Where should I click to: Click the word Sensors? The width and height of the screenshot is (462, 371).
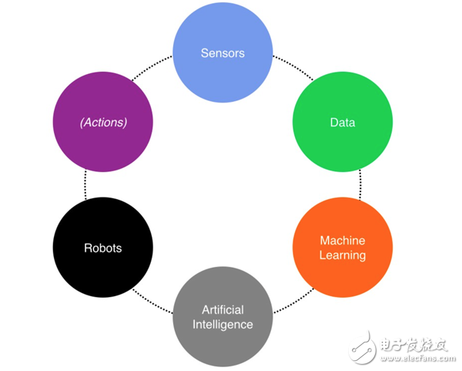(x=223, y=53)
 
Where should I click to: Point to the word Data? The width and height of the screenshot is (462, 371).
(x=342, y=123)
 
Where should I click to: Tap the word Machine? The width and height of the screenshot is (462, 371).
(x=342, y=241)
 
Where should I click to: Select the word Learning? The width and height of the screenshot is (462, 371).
(x=342, y=255)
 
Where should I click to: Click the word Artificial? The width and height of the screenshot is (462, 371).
(x=223, y=309)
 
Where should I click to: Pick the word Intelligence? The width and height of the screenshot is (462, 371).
(x=223, y=324)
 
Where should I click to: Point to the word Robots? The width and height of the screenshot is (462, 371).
(x=102, y=248)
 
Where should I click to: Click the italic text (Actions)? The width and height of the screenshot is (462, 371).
(x=102, y=123)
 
